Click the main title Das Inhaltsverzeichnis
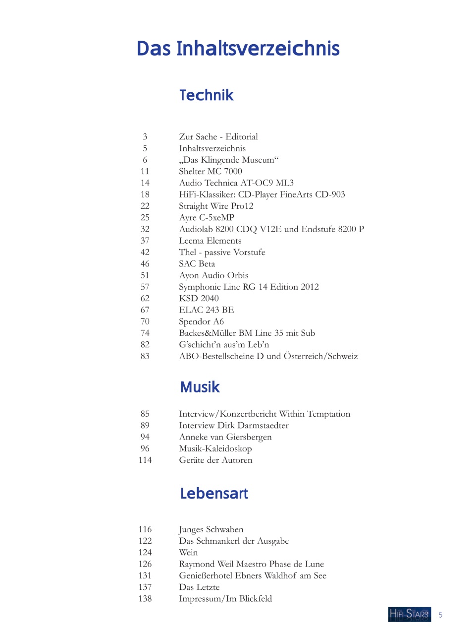pyautogui.click(x=238, y=49)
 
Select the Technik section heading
pyautogui.click(x=206, y=95)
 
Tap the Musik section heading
pyautogui.click(x=200, y=387)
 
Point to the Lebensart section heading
pyautogui.click(x=214, y=493)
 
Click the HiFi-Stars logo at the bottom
pyautogui.click(x=409, y=614)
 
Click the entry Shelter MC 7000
pyautogui.click(x=211, y=171)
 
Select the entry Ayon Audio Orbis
pyautogui.click(x=213, y=275)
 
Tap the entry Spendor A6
pyautogui.click(x=201, y=321)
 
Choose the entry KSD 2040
pyautogui.click(x=199, y=298)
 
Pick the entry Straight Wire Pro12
pyautogui.click(x=216, y=206)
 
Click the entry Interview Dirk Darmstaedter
pyautogui.click(x=234, y=425)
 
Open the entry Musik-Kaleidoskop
pyautogui.click(x=215, y=448)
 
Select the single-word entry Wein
pyautogui.click(x=188, y=553)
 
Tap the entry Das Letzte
pyautogui.click(x=199, y=587)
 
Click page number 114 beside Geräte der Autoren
pyautogui.click(x=145, y=460)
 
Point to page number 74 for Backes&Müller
pyautogui.click(x=145, y=333)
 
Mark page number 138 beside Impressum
pyautogui.click(x=145, y=599)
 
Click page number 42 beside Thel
pyautogui.click(x=145, y=252)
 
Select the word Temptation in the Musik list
pyautogui.click(x=328, y=414)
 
